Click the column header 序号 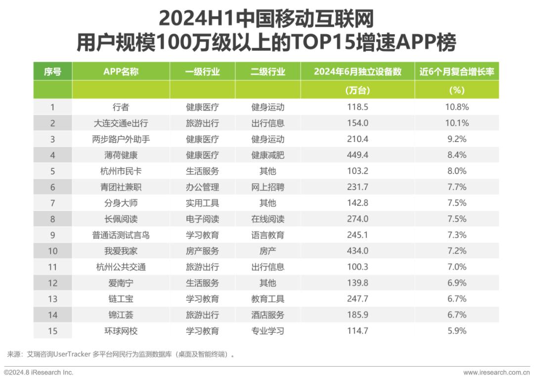[52, 72]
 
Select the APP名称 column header [121, 72]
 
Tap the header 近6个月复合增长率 [457, 72]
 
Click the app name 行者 [121, 107]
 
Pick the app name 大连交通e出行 [121, 123]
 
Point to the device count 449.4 [357, 155]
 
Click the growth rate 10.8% [457, 107]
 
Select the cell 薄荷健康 [121, 155]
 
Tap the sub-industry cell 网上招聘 [267, 187]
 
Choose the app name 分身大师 [121, 203]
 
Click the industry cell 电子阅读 [202, 219]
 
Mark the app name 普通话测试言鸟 [121, 235]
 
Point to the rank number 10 [52, 251]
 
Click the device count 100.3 [357, 267]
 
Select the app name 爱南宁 [121, 283]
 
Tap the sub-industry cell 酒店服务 [267, 315]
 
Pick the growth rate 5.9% [457, 331]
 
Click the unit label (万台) [357, 90]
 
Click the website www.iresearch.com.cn [496, 373]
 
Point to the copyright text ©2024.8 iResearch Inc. [39, 373]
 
